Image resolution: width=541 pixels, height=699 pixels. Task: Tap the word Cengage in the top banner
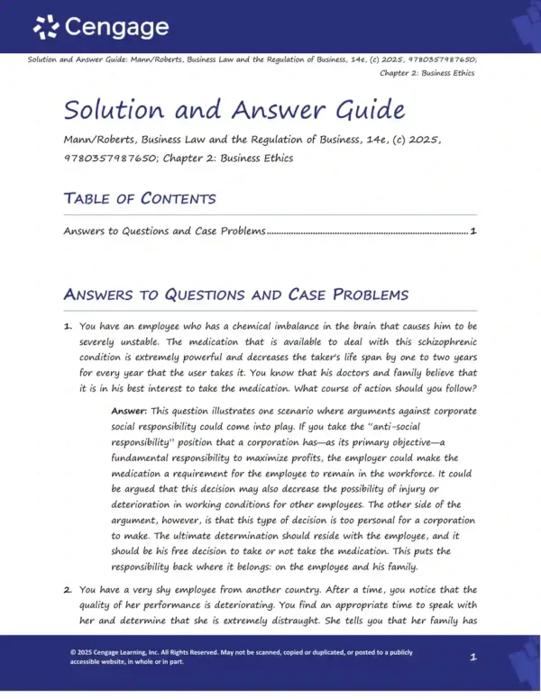tap(115, 27)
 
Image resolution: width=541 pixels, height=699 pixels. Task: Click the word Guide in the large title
tap(358, 110)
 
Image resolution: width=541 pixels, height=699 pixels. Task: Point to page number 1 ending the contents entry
tap(473, 231)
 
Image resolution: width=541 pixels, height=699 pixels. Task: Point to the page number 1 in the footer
tap(473, 658)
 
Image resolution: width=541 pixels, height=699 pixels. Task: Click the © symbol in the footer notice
tap(73, 652)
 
